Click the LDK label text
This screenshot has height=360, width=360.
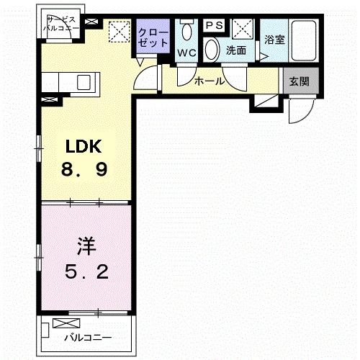[85, 147]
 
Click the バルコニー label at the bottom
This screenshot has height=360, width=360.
[86, 337]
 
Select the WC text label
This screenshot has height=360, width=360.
[186, 53]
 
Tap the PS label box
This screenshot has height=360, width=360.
[214, 25]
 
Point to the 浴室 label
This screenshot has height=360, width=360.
[274, 40]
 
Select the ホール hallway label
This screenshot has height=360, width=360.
[210, 81]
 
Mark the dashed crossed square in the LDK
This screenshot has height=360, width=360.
[117, 32]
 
